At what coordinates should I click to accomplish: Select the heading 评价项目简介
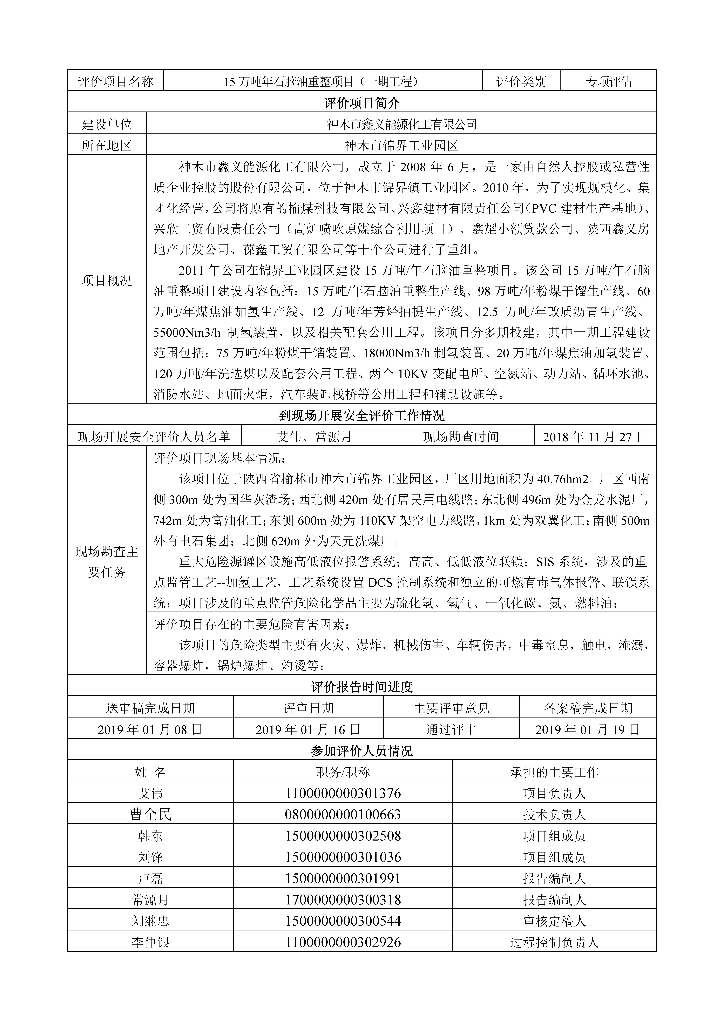[x=362, y=103]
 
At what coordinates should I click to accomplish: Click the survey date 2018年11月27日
[x=595, y=437]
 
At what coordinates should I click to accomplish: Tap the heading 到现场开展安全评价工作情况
[x=362, y=416]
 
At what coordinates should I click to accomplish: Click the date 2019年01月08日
[x=150, y=730]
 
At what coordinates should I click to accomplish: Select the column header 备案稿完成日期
[x=588, y=708]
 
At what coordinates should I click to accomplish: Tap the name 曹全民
[x=150, y=815]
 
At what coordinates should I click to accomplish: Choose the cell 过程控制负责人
[x=554, y=942]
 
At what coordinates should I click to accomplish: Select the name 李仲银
[x=150, y=942]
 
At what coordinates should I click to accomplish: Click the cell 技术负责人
[x=554, y=815]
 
